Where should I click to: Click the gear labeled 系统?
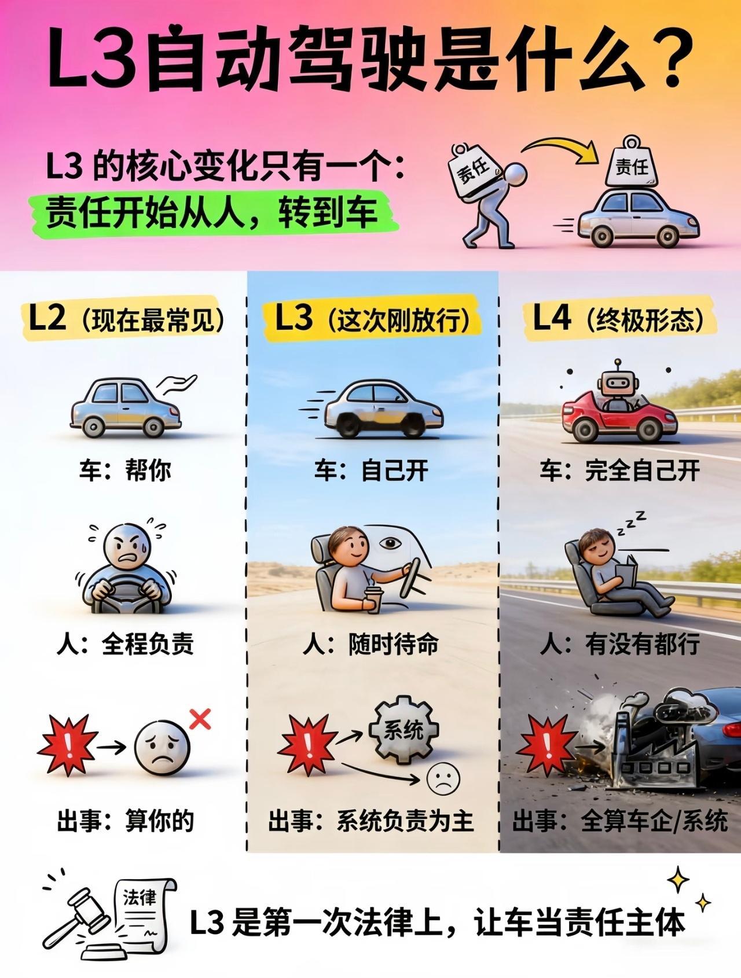coord(404,730)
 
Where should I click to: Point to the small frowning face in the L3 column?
coord(443,779)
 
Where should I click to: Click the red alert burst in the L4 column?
coord(545,745)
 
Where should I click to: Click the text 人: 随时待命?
coord(370,645)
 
